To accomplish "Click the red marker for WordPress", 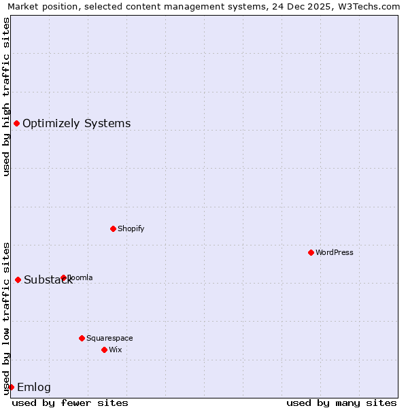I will pos(311,252).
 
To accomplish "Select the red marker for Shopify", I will pos(113,228).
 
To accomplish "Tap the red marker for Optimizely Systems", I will pos(16,123).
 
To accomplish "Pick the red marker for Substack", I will pos(18,279).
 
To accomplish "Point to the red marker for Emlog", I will pos(11,387).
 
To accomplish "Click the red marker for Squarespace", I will pos(82,338).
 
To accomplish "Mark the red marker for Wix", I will pos(104,350).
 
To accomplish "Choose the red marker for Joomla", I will pos(63,277).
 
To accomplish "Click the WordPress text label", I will pos(335,252).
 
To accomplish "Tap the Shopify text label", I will pos(131,228).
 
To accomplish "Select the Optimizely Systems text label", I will pos(76,123).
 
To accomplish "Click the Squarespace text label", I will pos(109,338).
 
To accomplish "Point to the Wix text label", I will pos(116,350).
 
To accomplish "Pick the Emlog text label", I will pos(34,388).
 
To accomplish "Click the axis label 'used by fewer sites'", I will pos(70,403).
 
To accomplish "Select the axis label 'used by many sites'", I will pos(341,403).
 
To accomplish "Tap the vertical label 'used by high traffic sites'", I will pos(6,97).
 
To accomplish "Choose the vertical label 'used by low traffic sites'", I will pos(6,318).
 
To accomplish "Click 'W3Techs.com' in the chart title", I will pos(373,7).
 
